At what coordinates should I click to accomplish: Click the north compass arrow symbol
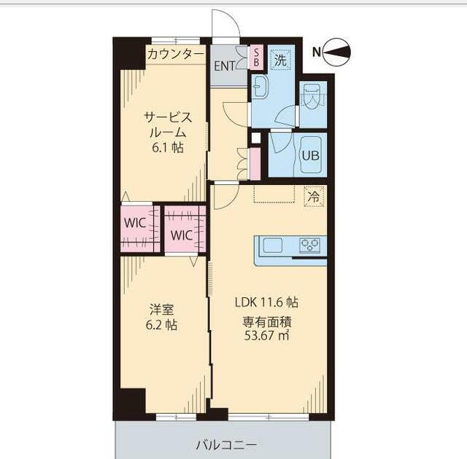click(340, 52)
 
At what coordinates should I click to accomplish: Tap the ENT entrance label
click(225, 65)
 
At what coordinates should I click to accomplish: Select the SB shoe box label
click(256, 57)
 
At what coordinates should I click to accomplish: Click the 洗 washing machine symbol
click(280, 61)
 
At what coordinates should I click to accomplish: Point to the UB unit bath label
click(311, 155)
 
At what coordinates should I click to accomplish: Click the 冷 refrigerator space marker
click(314, 195)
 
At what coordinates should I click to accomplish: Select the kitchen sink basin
click(273, 246)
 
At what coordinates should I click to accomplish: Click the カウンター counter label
click(176, 54)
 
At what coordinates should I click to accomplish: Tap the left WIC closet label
click(134, 221)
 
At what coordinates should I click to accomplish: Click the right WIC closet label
click(182, 235)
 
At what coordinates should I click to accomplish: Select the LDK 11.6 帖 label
click(266, 302)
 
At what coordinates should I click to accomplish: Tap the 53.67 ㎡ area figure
click(266, 335)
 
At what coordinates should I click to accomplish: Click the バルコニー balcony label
click(225, 443)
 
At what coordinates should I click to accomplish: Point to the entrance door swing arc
click(226, 23)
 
